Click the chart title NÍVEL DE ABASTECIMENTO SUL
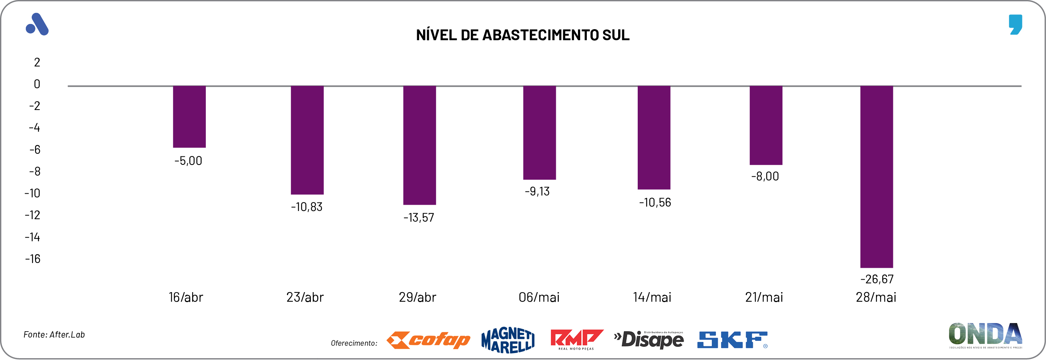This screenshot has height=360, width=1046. [x=523, y=35]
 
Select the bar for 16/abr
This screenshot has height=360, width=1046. [x=189, y=117]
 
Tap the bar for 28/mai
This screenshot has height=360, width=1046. [x=876, y=177]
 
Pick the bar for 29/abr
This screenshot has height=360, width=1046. [x=419, y=145]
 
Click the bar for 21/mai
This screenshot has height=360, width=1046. [x=765, y=125]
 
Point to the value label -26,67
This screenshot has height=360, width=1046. [x=877, y=279]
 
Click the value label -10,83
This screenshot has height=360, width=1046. [x=306, y=207]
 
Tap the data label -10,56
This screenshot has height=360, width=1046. [x=655, y=202]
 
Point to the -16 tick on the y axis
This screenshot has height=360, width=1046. [x=33, y=259]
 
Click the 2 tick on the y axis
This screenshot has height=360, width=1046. [x=37, y=62]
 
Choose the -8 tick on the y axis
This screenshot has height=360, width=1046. [x=35, y=171]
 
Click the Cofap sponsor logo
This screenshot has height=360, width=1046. [x=428, y=340]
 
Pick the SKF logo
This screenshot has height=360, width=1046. [x=732, y=340]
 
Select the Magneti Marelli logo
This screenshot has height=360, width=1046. [x=508, y=340]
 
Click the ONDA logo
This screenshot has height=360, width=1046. [x=985, y=335]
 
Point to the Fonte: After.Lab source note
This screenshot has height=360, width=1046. [x=54, y=335]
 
